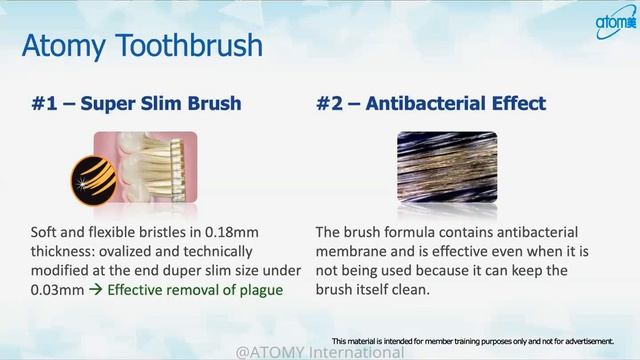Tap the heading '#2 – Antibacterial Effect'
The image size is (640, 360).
click(x=430, y=103)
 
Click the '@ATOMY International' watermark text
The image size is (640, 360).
click(x=320, y=352)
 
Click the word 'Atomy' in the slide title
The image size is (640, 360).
click(x=67, y=46)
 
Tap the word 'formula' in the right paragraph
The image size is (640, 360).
click(x=414, y=231)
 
